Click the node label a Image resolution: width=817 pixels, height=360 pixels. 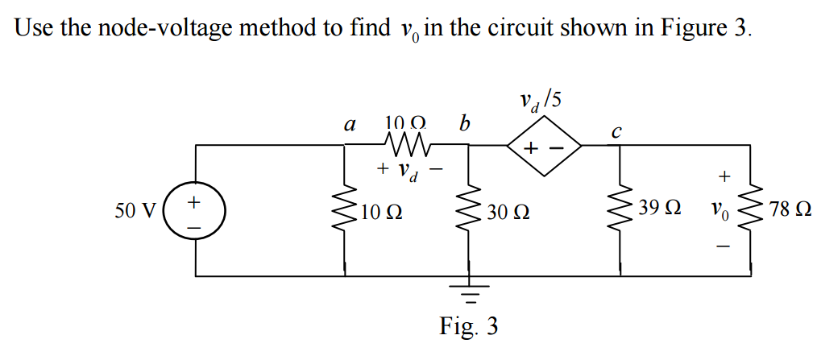coord(349,125)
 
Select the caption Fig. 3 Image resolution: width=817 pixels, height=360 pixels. coord(468,327)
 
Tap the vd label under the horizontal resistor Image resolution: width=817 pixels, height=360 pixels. coord(410,171)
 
